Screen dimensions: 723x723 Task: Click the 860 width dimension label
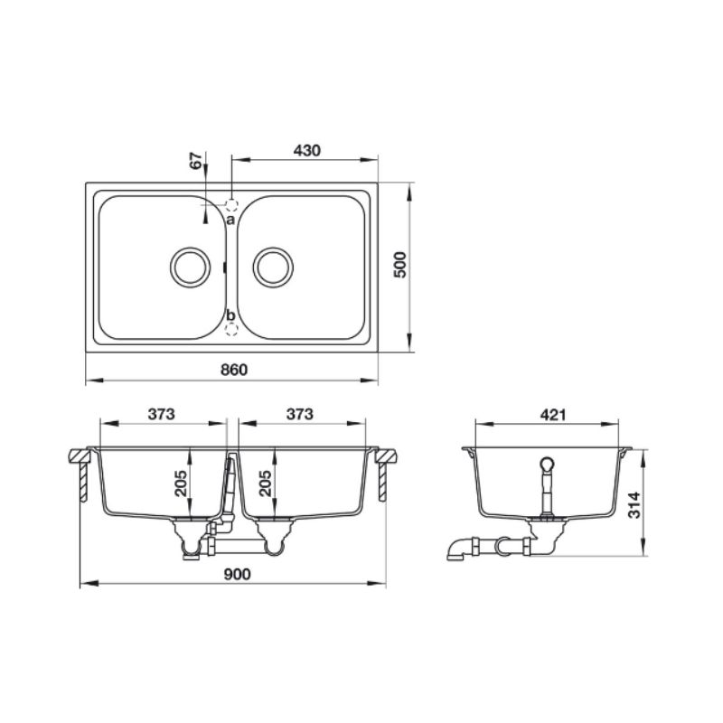coord(234,370)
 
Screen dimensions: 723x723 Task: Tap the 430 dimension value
coord(307,150)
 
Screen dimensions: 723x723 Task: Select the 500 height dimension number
coord(400,265)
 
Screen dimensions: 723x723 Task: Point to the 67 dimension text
coord(196,161)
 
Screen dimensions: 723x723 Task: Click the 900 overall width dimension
coord(237,574)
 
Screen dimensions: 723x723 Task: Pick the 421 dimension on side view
coord(553,415)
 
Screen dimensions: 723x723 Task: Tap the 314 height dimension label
coord(634,505)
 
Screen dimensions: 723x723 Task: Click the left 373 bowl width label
coord(162,414)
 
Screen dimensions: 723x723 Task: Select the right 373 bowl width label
coord(300,414)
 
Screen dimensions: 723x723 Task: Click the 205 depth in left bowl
coord(181,484)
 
